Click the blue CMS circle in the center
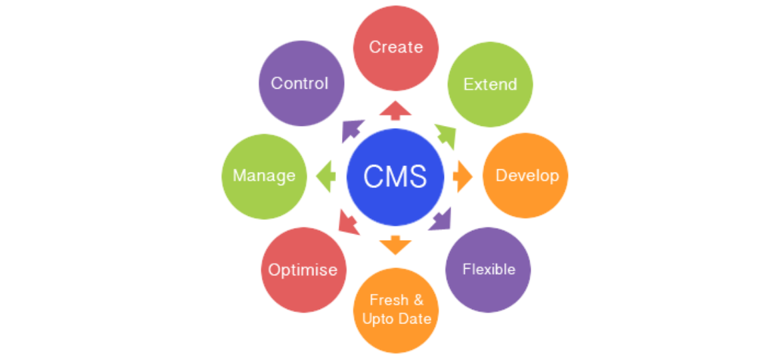pos(395,177)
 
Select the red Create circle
pos(395,47)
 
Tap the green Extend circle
pos(490,85)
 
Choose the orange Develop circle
pos(526,175)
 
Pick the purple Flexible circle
pos(488,270)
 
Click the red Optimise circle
pos(303,270)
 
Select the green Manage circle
pos(264,176)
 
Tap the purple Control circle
pos(301,83)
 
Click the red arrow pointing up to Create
pos(395,110)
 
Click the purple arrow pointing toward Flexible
pos(441,219)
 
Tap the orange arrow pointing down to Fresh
pos(395,245)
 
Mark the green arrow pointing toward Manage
pos(326,177)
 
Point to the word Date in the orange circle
pos(414,319)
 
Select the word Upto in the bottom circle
pos(378,319)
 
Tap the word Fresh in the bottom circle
pos(388,300)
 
